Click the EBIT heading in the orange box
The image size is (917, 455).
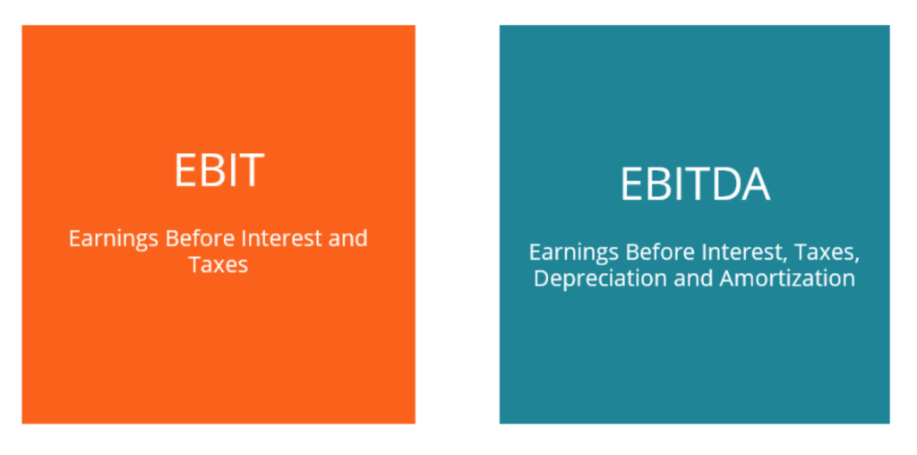point(219,170)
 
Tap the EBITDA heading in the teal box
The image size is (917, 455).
point(694,185)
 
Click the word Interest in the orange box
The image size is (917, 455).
point(274,239)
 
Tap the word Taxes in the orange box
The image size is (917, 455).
point(218,264)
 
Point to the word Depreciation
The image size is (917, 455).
point(599,279)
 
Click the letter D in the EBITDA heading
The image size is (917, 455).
point(723,185)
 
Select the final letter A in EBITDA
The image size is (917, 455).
point(755,185)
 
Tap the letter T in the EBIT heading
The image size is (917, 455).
point(250,170)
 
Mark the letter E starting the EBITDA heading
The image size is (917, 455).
point(631,185)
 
